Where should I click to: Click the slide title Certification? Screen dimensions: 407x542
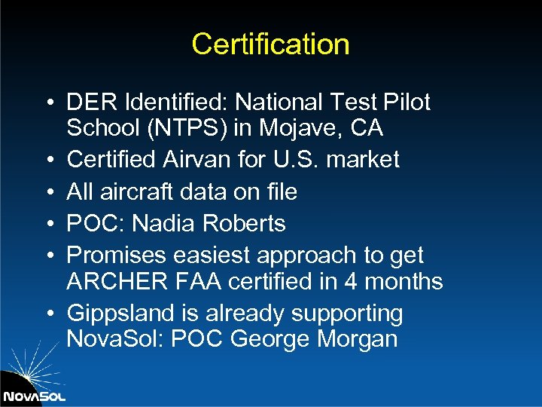(x=270, y=44)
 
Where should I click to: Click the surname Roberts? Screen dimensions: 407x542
(x=251, y=224)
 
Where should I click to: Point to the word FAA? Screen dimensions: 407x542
(x=195, y=282)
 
